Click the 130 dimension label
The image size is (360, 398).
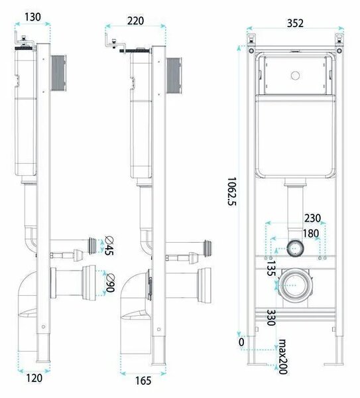[32, 17]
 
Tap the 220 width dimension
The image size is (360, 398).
[135, 21]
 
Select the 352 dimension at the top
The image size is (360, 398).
[295, 23]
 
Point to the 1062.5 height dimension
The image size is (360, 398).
[231, 192]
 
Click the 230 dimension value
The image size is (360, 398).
[312, 218]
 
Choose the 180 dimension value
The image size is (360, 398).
[311, 233]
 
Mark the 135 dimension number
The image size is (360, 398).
[271, 269]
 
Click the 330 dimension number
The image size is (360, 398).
[271, 318]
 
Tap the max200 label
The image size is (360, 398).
[283, 357]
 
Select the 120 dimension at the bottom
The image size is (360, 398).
[34, 378]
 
